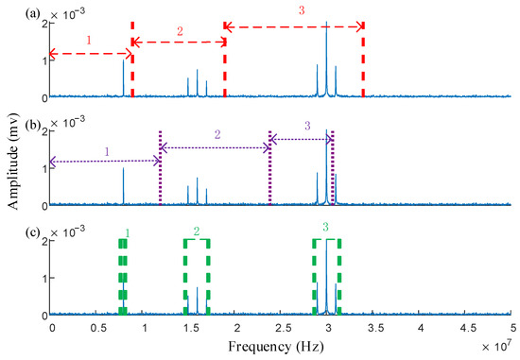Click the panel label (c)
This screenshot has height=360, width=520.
(x=13, y=232)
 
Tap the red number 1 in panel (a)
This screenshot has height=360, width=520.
(x=88, y=42)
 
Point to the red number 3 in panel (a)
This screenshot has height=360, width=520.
(x=301, y=10)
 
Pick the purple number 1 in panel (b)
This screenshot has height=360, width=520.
(x=107, y=150)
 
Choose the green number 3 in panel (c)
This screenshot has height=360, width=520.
(x=325, y=228)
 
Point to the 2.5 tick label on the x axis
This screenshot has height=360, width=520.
(x=281, y=327)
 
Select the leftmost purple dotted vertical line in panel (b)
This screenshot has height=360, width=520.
(x=161, y=168)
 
